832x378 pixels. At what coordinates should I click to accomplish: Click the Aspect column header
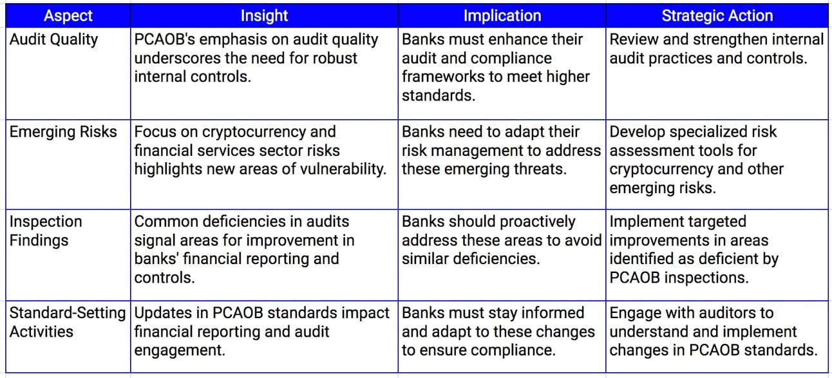[x=68, y=15]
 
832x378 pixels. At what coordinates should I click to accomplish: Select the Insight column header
[x=264, y=15]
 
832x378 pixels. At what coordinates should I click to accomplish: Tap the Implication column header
[x=502, y=15]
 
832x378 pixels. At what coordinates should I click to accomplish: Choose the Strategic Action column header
[x=717, y=15]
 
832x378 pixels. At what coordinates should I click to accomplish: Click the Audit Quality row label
[x=53, y=39]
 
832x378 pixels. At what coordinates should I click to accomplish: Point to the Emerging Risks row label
[x=63, y=132]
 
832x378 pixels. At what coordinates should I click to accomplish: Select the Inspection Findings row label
[x=46, y=231]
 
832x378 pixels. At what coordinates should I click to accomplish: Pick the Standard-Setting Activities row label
[x=68, y=323]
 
